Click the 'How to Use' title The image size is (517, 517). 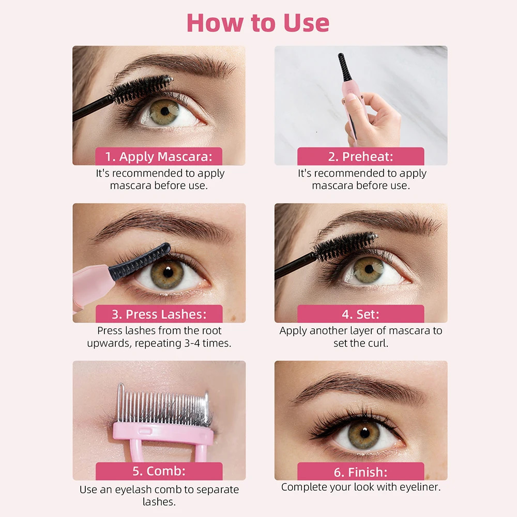coord(258,23)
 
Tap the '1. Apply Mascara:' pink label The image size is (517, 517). coord(159,156)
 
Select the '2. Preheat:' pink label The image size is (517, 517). coord(360,156)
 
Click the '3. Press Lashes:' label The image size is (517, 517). coord(159,314)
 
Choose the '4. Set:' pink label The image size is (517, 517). coord(360,314)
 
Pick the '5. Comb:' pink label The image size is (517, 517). coord(159,472)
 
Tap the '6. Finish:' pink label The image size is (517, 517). coord(360,472)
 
